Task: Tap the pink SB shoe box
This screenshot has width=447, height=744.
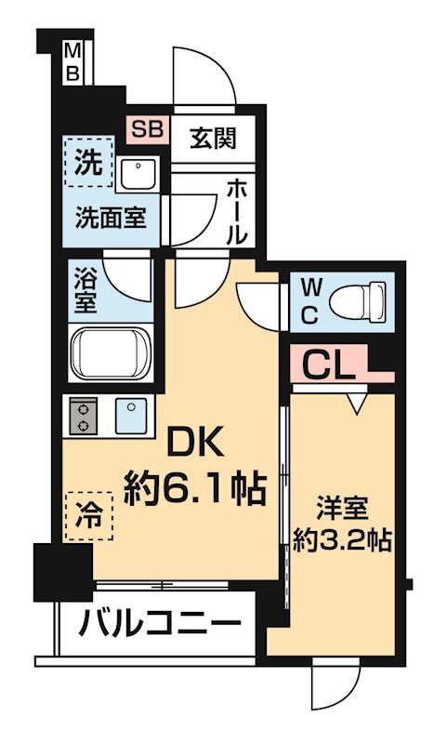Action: pyautogui.click(x=148, y=129)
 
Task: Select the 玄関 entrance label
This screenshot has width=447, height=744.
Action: pyautogui.click(x=213, y=139)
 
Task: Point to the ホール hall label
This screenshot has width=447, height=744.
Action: pyautogui.click(x=237, y=212)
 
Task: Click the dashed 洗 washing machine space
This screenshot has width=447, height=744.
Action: pyautogui.click(x=88, y=162)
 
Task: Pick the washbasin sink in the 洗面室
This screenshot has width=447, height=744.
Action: pyautogui.click(x=138, y=174)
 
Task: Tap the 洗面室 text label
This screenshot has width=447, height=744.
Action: pyautogui.click(x=112, y=218)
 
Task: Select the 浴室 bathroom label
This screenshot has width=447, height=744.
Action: pyautogui.click(x=85, y=290)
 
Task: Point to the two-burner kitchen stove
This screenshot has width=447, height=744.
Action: pyautogui.click(x=84, y=416)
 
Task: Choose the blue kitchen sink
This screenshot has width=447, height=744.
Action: pyautogui.click(x=131, y=416)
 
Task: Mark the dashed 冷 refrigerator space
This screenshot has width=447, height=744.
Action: pyautogui.click(x=89, y=516)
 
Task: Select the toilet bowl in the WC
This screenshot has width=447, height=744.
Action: pyautogui.click(x=358, y=300)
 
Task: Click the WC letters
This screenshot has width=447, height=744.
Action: pyautogui.click(x=309, y=301)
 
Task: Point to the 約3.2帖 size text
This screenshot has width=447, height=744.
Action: pyautogui.click(x=342, y=539)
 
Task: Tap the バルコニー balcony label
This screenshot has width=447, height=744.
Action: pyautogui.click(x=160, y=623)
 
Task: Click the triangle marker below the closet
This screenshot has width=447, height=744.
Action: pyautogui.click(x=358, y=402)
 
